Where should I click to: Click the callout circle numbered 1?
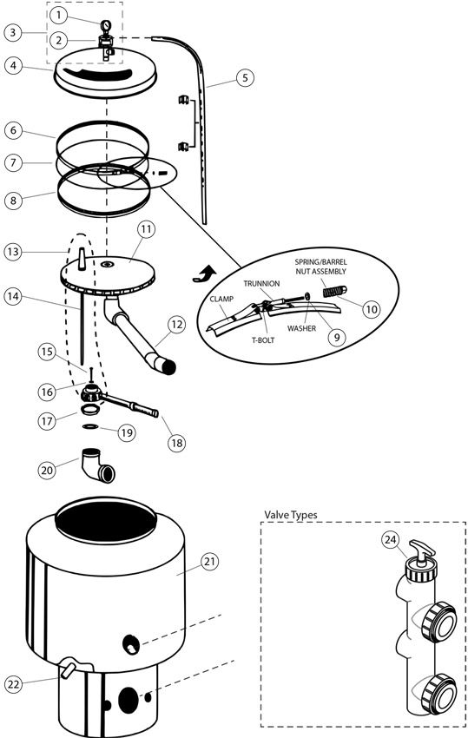(59, 16)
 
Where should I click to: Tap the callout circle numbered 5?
(245, 77)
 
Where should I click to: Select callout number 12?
(176, 325)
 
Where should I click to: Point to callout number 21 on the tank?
(210, 562)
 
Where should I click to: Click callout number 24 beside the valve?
(391, 540)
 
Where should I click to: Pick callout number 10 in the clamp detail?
(372, 309)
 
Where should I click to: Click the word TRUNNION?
(261, 283)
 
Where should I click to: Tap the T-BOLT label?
(263, 339)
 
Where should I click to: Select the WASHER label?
(301, 328)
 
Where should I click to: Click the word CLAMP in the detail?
(221, 299)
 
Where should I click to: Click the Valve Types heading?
(291, 515)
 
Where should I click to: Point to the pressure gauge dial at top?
(106, 24)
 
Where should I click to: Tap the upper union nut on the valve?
(438, 621)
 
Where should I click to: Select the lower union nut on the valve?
(438, 692)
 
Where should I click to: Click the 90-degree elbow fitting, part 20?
(99, 465)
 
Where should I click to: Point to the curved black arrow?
(205, 274)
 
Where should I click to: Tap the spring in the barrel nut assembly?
(332, 292)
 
